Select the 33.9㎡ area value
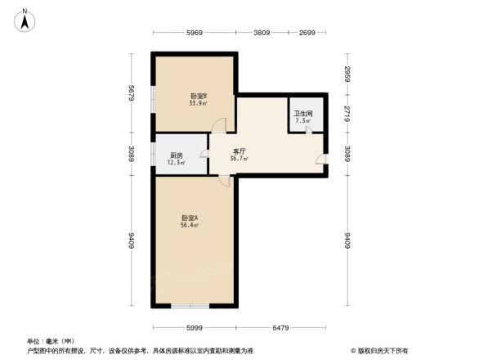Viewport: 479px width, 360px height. click(x=197, y=104)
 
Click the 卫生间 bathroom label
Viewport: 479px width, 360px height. click(x=303, y=114)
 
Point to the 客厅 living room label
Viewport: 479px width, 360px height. click(x=239, y=151)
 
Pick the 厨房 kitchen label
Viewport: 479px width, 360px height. click(x=176, y=155)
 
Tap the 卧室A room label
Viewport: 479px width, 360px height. click(x=190, y=218)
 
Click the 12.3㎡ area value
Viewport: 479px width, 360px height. click(x=177, y=163)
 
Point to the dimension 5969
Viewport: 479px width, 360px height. click(x=194, y=33)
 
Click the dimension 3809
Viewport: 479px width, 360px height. click(x=261, y=33)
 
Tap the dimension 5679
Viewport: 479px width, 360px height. click(x=131, y=94)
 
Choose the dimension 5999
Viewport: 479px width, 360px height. click(x=193, y=328)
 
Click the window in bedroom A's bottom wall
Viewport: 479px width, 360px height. click(x=190, y=306)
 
